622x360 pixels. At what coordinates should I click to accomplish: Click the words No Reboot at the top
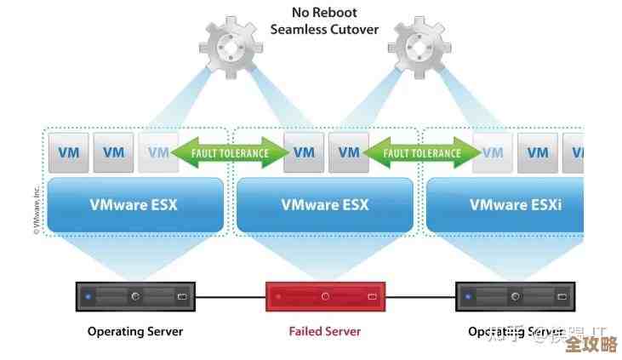click(325, 12)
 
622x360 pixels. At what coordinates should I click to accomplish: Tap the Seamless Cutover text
click(324, 29)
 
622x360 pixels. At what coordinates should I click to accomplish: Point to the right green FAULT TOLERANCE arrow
click(421, 153)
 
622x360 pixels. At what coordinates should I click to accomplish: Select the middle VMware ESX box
click(325, 204)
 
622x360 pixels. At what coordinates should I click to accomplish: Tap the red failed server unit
click(325, 296)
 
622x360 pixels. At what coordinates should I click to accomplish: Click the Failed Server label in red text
click(325, 331)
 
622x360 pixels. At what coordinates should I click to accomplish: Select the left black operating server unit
click(135, 296)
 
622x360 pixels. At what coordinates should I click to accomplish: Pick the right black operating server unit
click(516, 296)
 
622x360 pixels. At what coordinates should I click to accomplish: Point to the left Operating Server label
click(135, 331)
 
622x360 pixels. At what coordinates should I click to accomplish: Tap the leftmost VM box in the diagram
click(68, 153)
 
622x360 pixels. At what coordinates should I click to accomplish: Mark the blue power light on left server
click(88, 297)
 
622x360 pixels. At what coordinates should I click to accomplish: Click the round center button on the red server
click(325, 296)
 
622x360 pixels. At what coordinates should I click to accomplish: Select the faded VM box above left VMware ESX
click(158, 153)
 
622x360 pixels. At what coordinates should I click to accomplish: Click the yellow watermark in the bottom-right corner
click(590, 344)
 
